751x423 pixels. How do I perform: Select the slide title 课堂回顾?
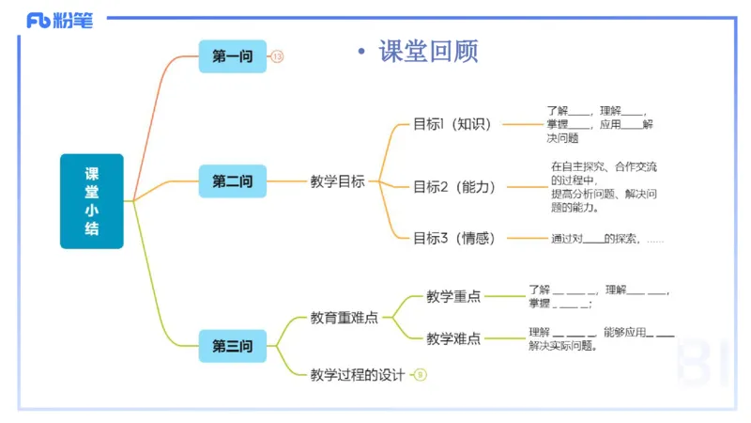coord(428,51)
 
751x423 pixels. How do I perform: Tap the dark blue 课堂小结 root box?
coord(92,201)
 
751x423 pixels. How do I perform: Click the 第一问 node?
coord(233,56)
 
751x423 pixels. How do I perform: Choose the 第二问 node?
coord(233,181)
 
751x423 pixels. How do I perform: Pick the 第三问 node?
coord(233,346)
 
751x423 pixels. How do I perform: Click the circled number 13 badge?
coord(278,57)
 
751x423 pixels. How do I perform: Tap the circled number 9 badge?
coord(421,375)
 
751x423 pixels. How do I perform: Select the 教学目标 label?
coord(338,181)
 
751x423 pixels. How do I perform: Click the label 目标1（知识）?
coord(452,124)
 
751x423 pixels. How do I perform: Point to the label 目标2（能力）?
coord(455,186)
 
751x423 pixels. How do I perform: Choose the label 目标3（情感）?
coord(454,238)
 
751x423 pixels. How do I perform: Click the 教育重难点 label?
coord(345,318)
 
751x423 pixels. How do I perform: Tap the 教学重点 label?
coord(453,296)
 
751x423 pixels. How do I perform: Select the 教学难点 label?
coord(453,338)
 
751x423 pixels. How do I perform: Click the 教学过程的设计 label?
coord(358,375)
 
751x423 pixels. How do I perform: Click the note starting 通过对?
coord(606,239)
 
